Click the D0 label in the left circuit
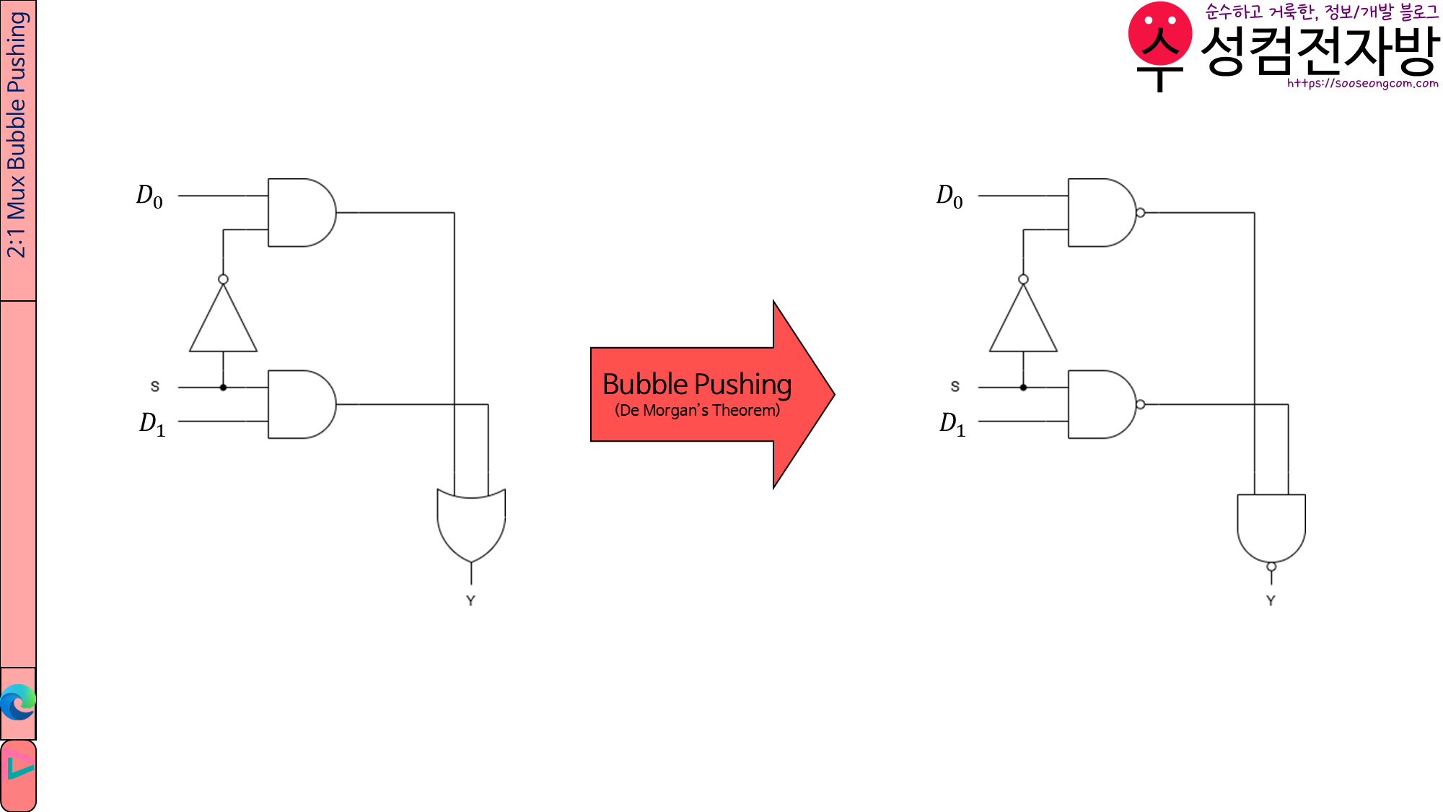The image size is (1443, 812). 149,196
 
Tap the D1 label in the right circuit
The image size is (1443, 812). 952,423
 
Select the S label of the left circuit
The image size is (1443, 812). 154,387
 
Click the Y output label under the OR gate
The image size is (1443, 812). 470,601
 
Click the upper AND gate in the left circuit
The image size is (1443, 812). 299,213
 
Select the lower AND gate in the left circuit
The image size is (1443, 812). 299,404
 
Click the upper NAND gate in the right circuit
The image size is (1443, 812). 1100,213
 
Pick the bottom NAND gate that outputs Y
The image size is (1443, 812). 1271,525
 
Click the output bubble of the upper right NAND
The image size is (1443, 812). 1140,213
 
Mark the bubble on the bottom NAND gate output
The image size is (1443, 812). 1271,567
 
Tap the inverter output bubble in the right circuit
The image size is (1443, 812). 1023,279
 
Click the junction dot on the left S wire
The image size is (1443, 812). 223,388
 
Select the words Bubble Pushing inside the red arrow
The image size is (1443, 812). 696,384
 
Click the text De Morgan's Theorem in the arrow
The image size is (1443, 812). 697,411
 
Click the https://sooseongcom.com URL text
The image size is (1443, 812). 1362,84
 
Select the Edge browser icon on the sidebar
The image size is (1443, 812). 18,702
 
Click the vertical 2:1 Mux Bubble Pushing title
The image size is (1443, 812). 17,136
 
